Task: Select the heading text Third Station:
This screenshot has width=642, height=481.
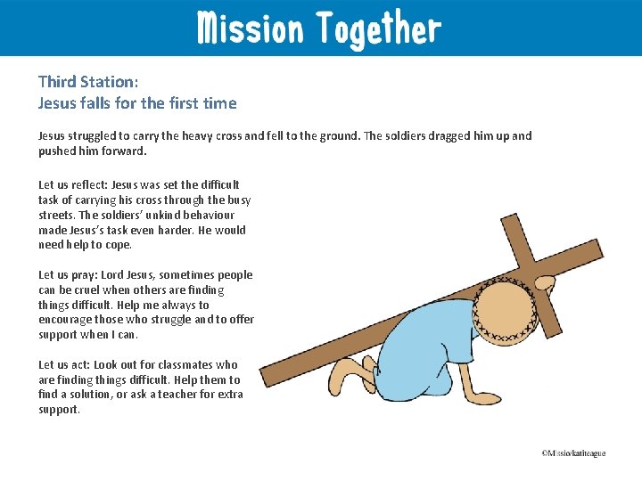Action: point(88,81)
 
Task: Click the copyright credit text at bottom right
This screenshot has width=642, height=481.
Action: point(572,453)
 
